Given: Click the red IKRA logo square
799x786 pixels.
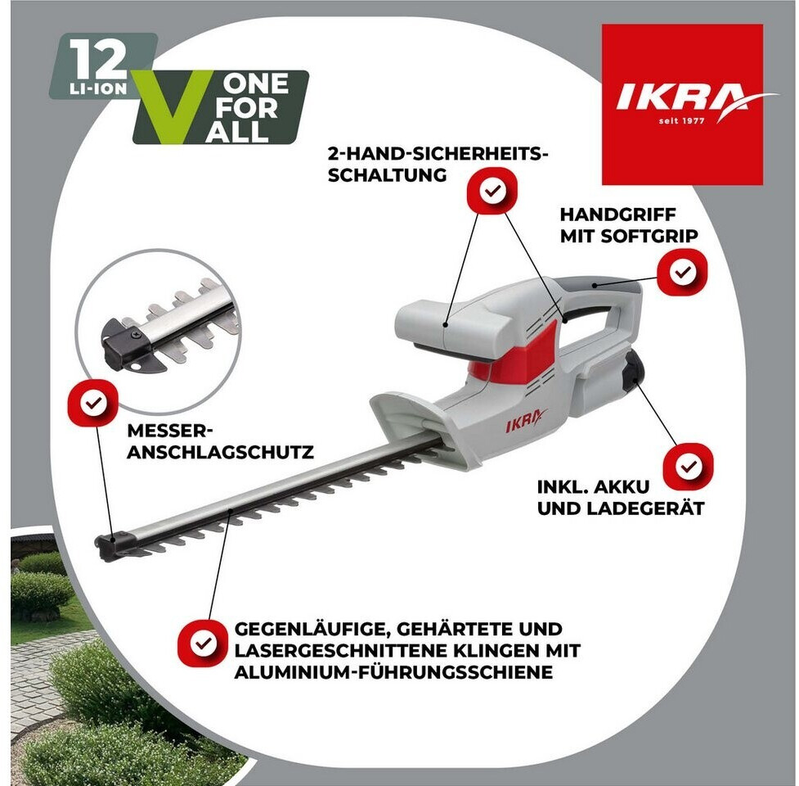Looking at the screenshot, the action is [682, 105].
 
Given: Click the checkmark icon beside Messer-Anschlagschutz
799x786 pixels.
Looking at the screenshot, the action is [93, 403].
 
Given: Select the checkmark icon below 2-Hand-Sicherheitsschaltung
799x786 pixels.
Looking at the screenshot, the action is [492, 191].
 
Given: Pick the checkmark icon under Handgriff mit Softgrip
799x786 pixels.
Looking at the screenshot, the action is [682, 272].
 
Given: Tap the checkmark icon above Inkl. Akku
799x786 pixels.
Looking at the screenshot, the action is [688, 466].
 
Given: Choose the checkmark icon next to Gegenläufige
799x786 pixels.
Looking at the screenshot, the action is [203, 643].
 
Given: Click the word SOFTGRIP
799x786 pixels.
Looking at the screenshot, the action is [649, 236].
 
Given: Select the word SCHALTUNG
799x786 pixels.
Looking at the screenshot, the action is [388, 175].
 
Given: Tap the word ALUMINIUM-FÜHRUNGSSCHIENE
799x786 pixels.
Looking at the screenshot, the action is [393, 672].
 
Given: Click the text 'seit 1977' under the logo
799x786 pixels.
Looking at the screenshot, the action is [681, 121].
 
